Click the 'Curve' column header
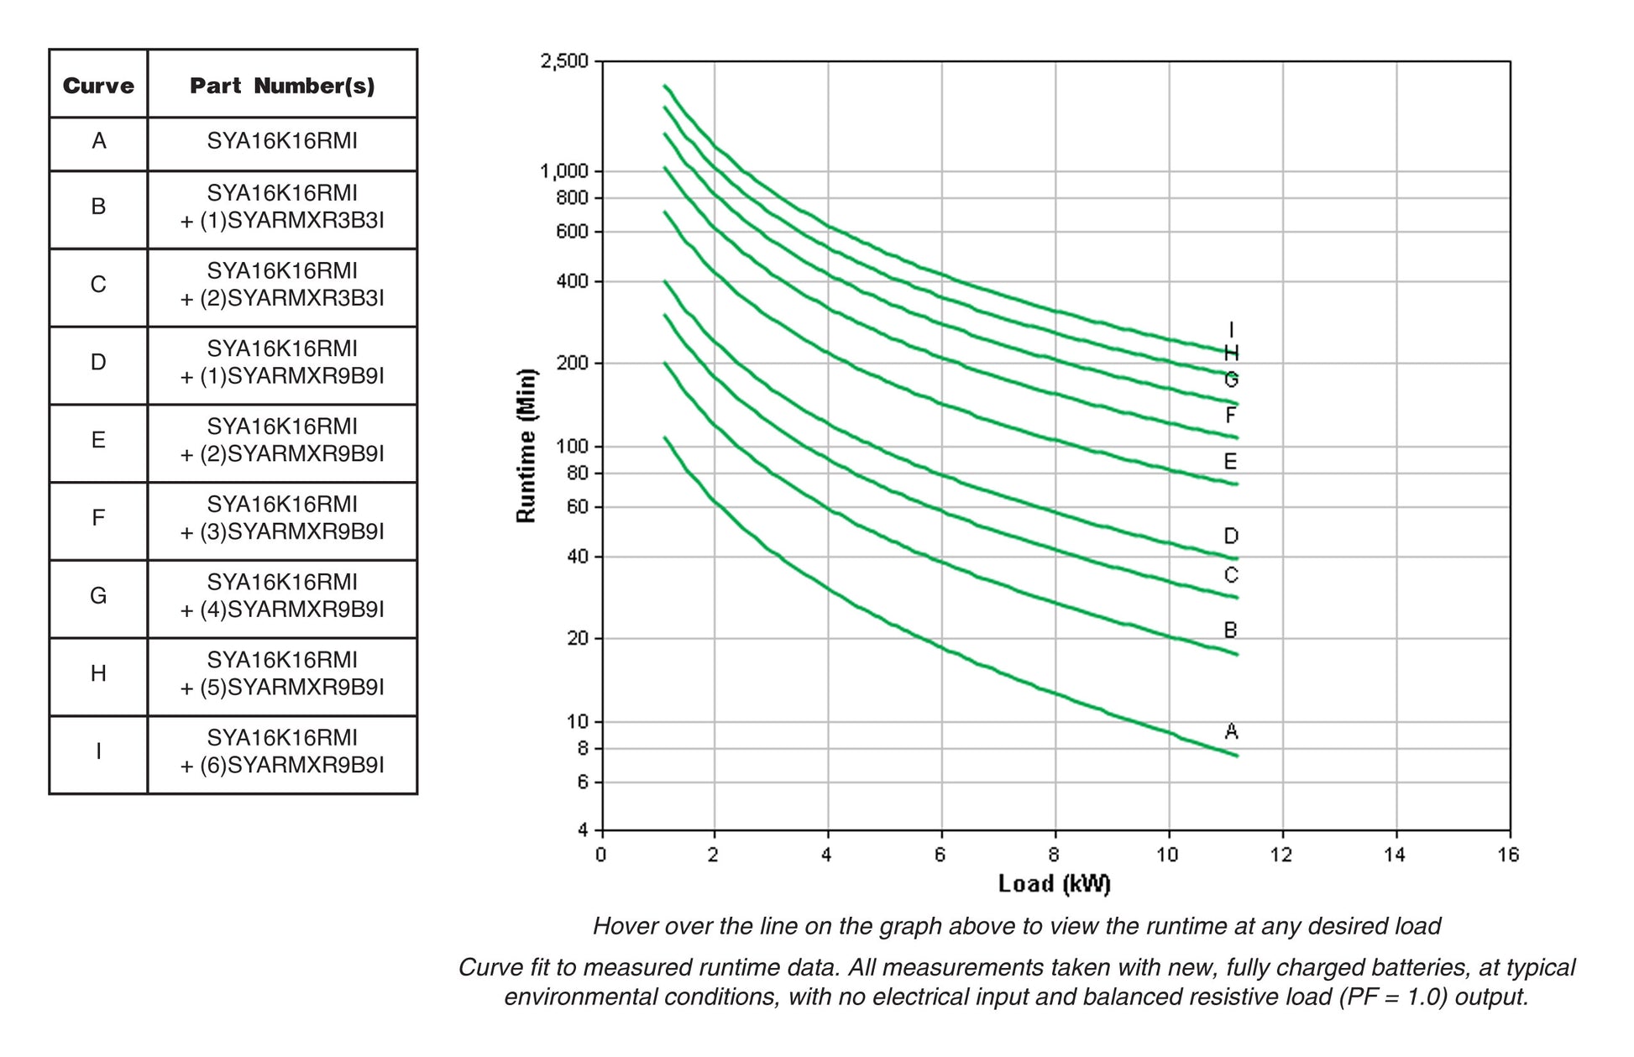tap(98, 86)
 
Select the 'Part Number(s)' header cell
tap(282, 86)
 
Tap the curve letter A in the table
tap(98, 141)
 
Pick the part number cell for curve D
tap(282, 362)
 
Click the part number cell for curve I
tap(282, 751)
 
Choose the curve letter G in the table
tap(98, 596)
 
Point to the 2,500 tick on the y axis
tap(564, 61)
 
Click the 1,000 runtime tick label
tap(564, 172)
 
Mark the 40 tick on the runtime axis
tap(578, 557)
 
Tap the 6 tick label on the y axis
tap(583, 782)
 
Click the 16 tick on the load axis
tap(1508, 856)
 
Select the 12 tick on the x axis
tap(1281, 856)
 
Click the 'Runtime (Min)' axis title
tap(526, 445)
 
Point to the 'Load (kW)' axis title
tap(1054, 884)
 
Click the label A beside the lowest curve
tap(1231, 731)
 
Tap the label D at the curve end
tap(1231, 536)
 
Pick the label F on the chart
tap(1231, 416)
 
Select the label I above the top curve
tap(1231, 330)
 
